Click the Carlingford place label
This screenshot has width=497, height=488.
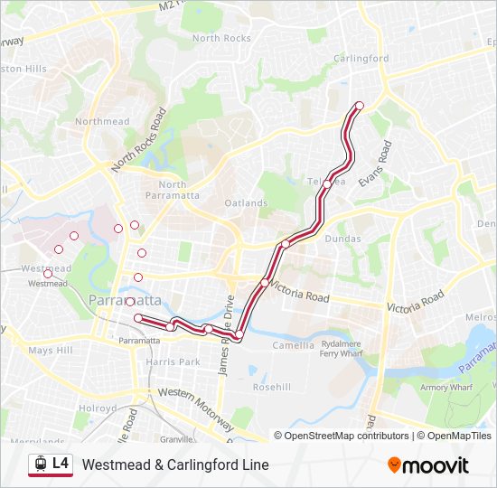(x=361, y=59)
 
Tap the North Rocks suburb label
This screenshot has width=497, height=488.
(x=221, y=38)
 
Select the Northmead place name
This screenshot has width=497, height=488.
(x=102, y=121)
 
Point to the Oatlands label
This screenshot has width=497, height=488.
(x=247, y=203)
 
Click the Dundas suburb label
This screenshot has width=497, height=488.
(x=342, y=239)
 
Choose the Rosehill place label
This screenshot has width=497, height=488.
(x=272, y=386)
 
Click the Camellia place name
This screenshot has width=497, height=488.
(x=293, y=344)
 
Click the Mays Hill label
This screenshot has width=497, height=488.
(x=50, y=350)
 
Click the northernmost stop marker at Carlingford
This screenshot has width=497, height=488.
(x=359, y=106)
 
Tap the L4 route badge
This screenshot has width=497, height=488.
(x=61, y=463)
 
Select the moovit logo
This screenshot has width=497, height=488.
(x=428, y=465)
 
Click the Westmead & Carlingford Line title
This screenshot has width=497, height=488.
(x=175, y=465)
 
